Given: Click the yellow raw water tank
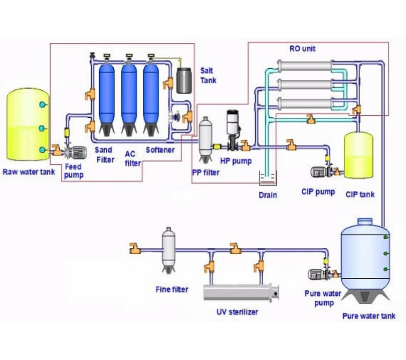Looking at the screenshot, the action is pos(28,124).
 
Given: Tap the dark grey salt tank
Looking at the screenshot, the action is pos(184,81).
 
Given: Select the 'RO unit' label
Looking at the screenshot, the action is pos(302,49).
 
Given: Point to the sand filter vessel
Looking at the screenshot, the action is pos(107,98).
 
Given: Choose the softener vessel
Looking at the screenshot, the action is pos(151,98).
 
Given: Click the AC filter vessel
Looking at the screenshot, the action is pos(129,98).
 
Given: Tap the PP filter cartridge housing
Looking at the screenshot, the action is pos(206,140).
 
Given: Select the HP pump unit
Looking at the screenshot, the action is pos(233,129).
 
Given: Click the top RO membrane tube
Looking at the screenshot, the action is pos(305,66).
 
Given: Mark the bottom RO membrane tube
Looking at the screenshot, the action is pos(305,103).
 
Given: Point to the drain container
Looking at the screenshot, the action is pos(268,178).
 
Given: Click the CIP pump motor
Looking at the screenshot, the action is pos(318,172).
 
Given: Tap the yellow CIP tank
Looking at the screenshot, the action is pos(358,155).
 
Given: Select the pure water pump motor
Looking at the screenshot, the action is pos(316,275).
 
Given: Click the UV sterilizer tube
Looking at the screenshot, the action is pos(241,292).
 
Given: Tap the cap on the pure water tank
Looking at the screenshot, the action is pos(365,222).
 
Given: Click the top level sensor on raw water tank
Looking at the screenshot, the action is pos(43,105).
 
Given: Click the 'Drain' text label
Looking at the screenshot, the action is pos(268,195).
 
